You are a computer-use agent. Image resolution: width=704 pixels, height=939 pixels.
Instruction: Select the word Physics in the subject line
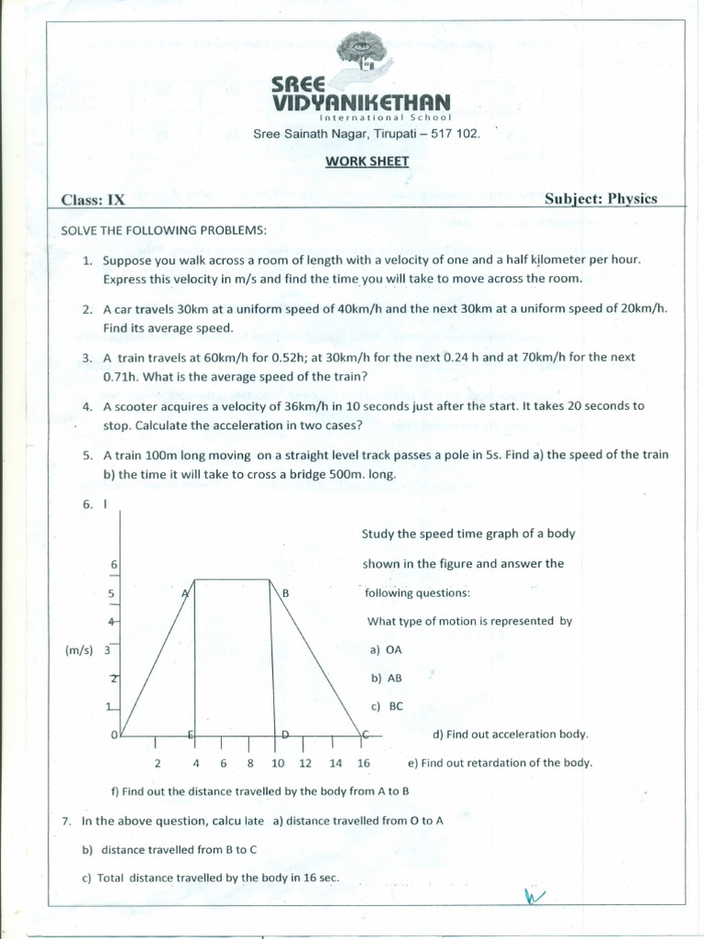pos(629,199)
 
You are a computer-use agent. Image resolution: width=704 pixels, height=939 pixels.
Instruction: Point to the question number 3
pos(87,357)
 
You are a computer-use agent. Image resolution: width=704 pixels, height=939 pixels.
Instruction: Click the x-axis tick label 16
pos(363,763)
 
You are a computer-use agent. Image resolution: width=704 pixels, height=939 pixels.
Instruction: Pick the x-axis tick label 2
pos(158,763)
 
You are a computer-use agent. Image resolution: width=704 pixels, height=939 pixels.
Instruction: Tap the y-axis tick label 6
pos(112,564)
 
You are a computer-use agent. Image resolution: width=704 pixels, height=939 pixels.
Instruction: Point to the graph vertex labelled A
pos(185,593)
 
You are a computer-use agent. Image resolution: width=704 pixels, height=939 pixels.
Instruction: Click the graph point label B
pos(286,593)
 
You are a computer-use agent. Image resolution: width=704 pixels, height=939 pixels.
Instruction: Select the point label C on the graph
pos(366,735)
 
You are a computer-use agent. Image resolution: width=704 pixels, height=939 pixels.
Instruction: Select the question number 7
pos(67,821)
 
